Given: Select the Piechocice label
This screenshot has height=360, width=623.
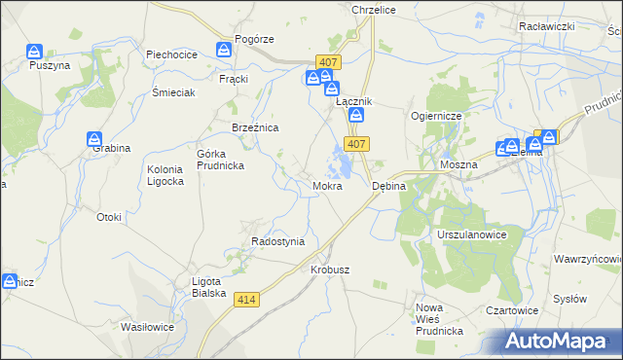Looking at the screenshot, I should (x=172, y=54).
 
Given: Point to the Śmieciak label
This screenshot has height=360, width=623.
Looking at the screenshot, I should (x=174, y=92).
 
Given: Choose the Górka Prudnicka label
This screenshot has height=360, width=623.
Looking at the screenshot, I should (x=220, y=160).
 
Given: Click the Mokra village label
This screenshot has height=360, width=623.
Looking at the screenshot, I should (x=326, y=185).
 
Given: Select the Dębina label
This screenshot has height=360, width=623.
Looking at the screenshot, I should (x=389, y=185).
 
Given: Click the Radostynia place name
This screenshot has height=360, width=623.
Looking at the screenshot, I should (x=278, y=241).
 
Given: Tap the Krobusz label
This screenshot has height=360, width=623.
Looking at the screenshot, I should (x=329, y=269).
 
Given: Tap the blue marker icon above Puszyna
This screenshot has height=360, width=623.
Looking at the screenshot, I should (x=35, y=51).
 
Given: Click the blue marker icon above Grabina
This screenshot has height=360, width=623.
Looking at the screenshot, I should (x=94, y=138).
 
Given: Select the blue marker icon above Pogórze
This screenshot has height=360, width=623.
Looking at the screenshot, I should (x=226, y=48).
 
